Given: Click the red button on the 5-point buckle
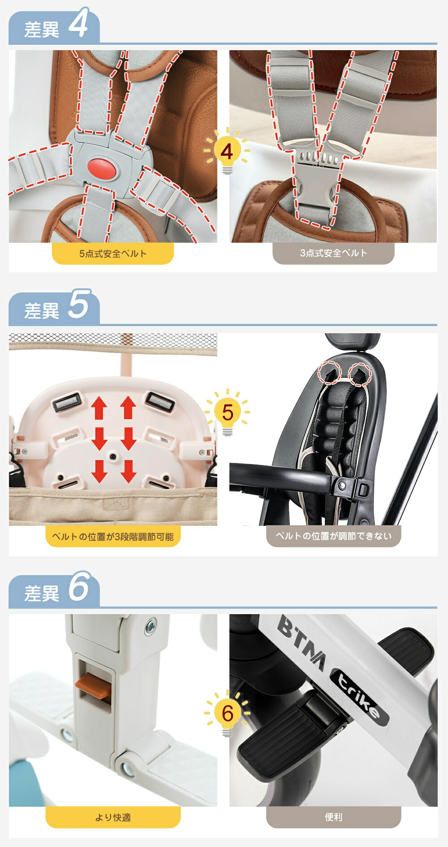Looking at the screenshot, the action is [x=102, y=168].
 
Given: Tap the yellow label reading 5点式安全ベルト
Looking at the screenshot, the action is [x=113, y=254].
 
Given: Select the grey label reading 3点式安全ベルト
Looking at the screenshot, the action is [x=333, y=254].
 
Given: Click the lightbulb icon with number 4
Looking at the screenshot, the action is [x=227, y=151].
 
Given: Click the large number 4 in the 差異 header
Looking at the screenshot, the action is [x=78, y=24].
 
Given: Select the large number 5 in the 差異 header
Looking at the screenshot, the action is [x=79, y=305].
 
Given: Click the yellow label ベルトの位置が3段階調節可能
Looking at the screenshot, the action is [x=113, y=536].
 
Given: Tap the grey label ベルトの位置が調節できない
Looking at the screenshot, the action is [x=333, y=536].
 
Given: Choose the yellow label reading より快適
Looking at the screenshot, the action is [x=113, y=817].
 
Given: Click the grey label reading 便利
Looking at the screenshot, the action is [x=333, y=817].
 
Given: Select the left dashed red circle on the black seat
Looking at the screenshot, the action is [x=329, y=373].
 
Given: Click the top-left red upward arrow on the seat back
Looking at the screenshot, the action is [x=99, y=408].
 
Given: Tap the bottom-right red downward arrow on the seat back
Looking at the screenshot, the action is [x=129, y=471].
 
